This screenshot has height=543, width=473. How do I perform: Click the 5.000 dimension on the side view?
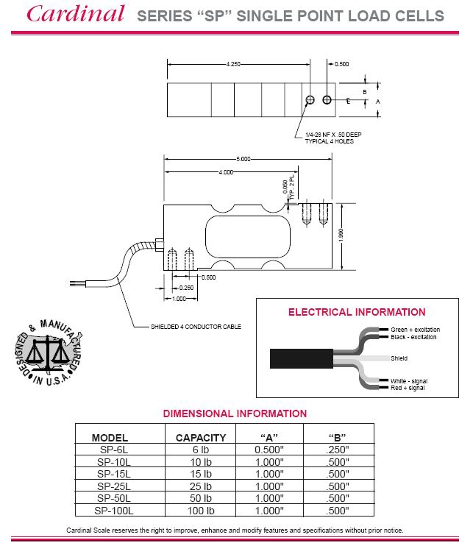[x=244, y=159]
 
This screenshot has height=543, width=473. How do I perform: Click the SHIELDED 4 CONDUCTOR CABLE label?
[x=196, y=326]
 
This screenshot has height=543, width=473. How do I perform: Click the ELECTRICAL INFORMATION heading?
[x=356, y=312]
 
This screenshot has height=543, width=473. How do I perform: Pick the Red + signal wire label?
[x=408, y=387]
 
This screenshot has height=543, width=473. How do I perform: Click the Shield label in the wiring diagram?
[x=399, y=358]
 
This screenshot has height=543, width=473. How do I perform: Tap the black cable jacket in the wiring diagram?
[x=295, y=359]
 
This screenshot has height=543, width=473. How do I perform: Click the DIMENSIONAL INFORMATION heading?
[x=235, y=414]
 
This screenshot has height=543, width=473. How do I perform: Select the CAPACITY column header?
[x=201, y=437]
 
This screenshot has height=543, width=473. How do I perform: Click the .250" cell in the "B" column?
[x=338, y=450]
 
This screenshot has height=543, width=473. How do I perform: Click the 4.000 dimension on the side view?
[x=226, y=171]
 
